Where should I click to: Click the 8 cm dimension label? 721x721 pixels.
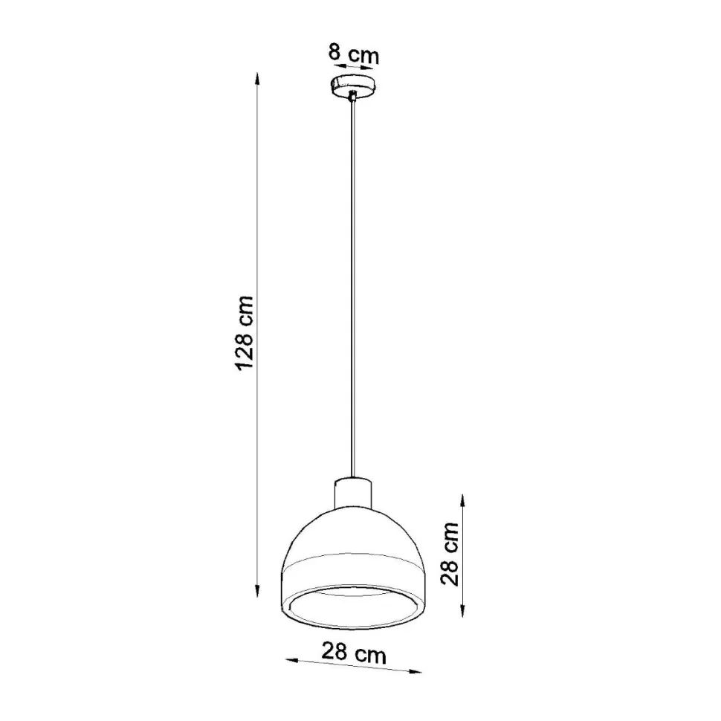pos(354,54)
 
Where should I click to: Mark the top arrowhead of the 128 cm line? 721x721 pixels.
pos(257,77)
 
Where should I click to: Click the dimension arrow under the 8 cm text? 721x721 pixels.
pos(354,68)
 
